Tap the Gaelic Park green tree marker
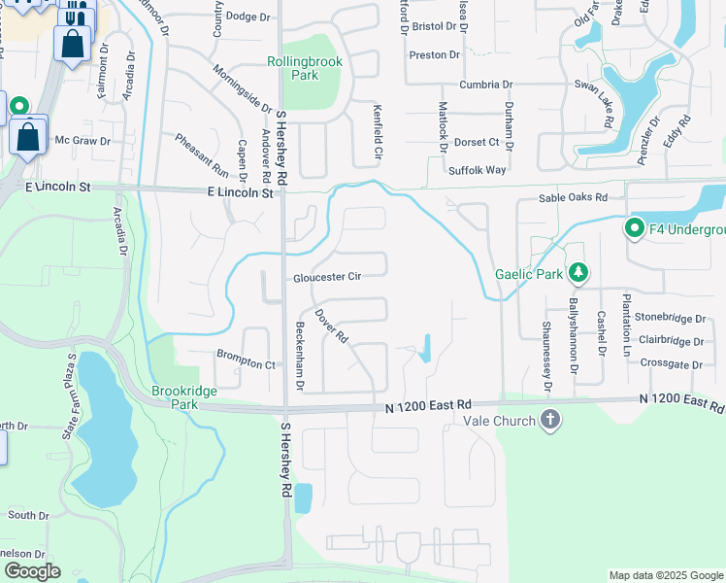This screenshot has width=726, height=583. coord(578,274)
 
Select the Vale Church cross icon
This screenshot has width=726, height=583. coord(550,421)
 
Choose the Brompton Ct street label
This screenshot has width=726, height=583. coord(247,363)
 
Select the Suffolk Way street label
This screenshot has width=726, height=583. coord(478,170)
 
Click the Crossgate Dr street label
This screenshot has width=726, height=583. coord(672,363)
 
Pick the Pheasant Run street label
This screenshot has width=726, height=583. coord(202,155)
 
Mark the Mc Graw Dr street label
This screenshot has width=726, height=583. coord(82,141)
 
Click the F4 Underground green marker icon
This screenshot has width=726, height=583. coord(635,229)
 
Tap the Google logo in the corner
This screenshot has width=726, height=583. coord(32,571)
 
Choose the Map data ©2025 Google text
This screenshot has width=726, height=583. coord(666,575)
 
